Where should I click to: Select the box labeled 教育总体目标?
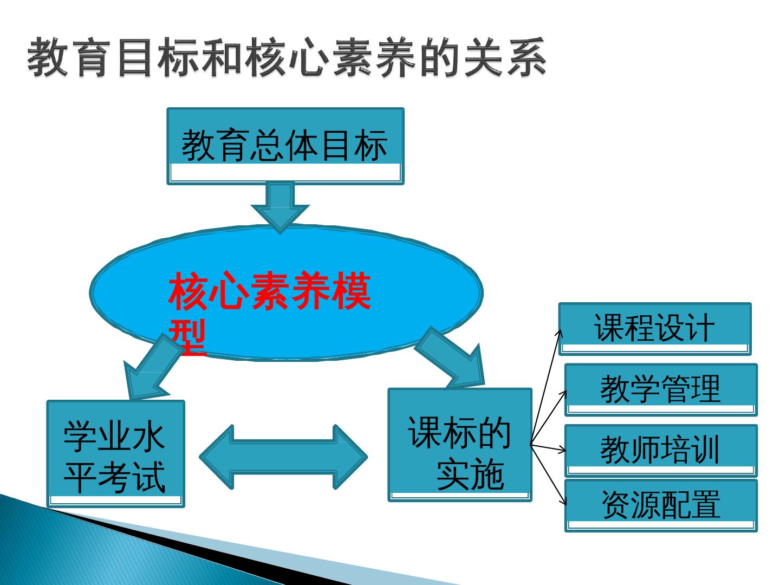(x=285, y=145)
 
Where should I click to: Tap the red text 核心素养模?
(x=270, y=292)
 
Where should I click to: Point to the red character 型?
(x=188, y=337)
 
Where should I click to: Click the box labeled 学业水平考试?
(x=115, y=453)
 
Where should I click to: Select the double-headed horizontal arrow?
(x=283, y=457)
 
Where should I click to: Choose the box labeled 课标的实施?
(x=460, y=444)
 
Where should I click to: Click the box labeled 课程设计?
(x=654, y=328)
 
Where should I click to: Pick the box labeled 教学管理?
(x=660, y=389)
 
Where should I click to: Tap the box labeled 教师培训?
(x=660, y=450)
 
